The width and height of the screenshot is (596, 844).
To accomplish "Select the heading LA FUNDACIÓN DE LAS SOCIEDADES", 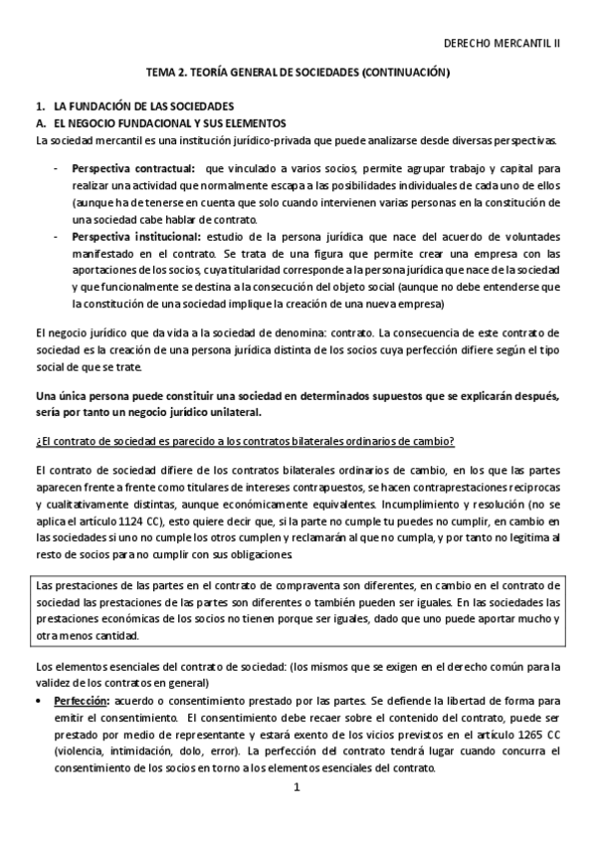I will [x=143, y=105].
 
